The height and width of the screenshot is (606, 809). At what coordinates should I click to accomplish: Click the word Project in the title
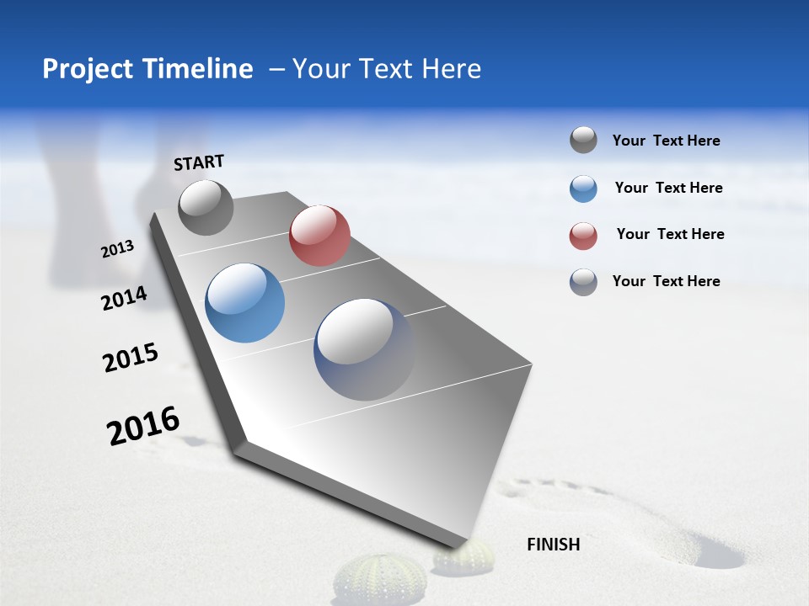88,69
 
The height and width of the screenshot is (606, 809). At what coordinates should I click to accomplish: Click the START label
199,162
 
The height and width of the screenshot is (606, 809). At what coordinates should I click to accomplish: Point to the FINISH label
553,545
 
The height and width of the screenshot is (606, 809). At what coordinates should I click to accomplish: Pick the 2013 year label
118,249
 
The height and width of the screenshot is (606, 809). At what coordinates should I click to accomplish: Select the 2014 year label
124,298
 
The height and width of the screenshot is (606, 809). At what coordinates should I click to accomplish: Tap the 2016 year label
143,426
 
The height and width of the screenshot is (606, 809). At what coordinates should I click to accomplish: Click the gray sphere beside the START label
206,207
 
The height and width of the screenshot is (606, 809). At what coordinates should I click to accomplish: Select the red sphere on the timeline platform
319,235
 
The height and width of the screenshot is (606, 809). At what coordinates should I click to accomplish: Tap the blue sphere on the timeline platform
244,303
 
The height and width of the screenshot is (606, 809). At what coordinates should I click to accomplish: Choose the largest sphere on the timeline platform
364,349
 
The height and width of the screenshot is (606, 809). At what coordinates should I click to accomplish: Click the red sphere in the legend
583,236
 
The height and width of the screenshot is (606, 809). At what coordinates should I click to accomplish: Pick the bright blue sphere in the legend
583,189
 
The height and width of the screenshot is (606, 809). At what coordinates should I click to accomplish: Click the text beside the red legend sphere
670,234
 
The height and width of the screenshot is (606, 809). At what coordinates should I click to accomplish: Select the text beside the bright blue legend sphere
668,188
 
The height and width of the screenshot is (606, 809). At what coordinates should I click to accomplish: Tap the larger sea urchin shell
368,579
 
